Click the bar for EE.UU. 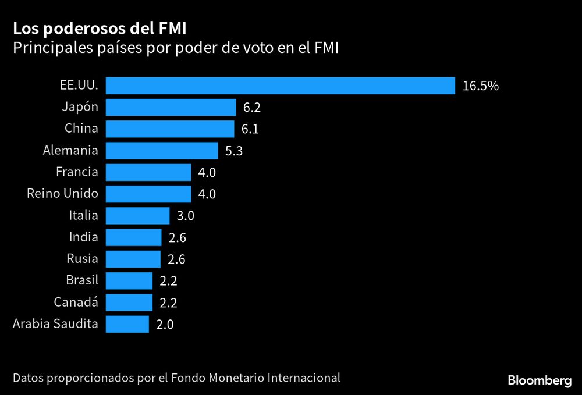(x=280, y=86)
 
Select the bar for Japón (x=171, y=107)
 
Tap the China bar (x=170, y=129)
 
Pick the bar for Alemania (x=162, y=151)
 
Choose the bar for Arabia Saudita (x=127, y=324)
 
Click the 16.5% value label (x=481, y=86)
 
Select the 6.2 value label (x=252, y=108)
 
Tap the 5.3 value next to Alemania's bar (x=234, y=151)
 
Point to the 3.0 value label (x=185, y=216)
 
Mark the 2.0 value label (x=165, y=325)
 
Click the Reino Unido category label (x=62, y=193)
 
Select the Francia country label (x=77, y=172)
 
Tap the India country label (x=83, y=237)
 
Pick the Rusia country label (x=82, y=258)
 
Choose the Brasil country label (x=82, y=280)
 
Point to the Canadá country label (x=76, y=302)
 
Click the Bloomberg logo (x=540, y=381)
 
